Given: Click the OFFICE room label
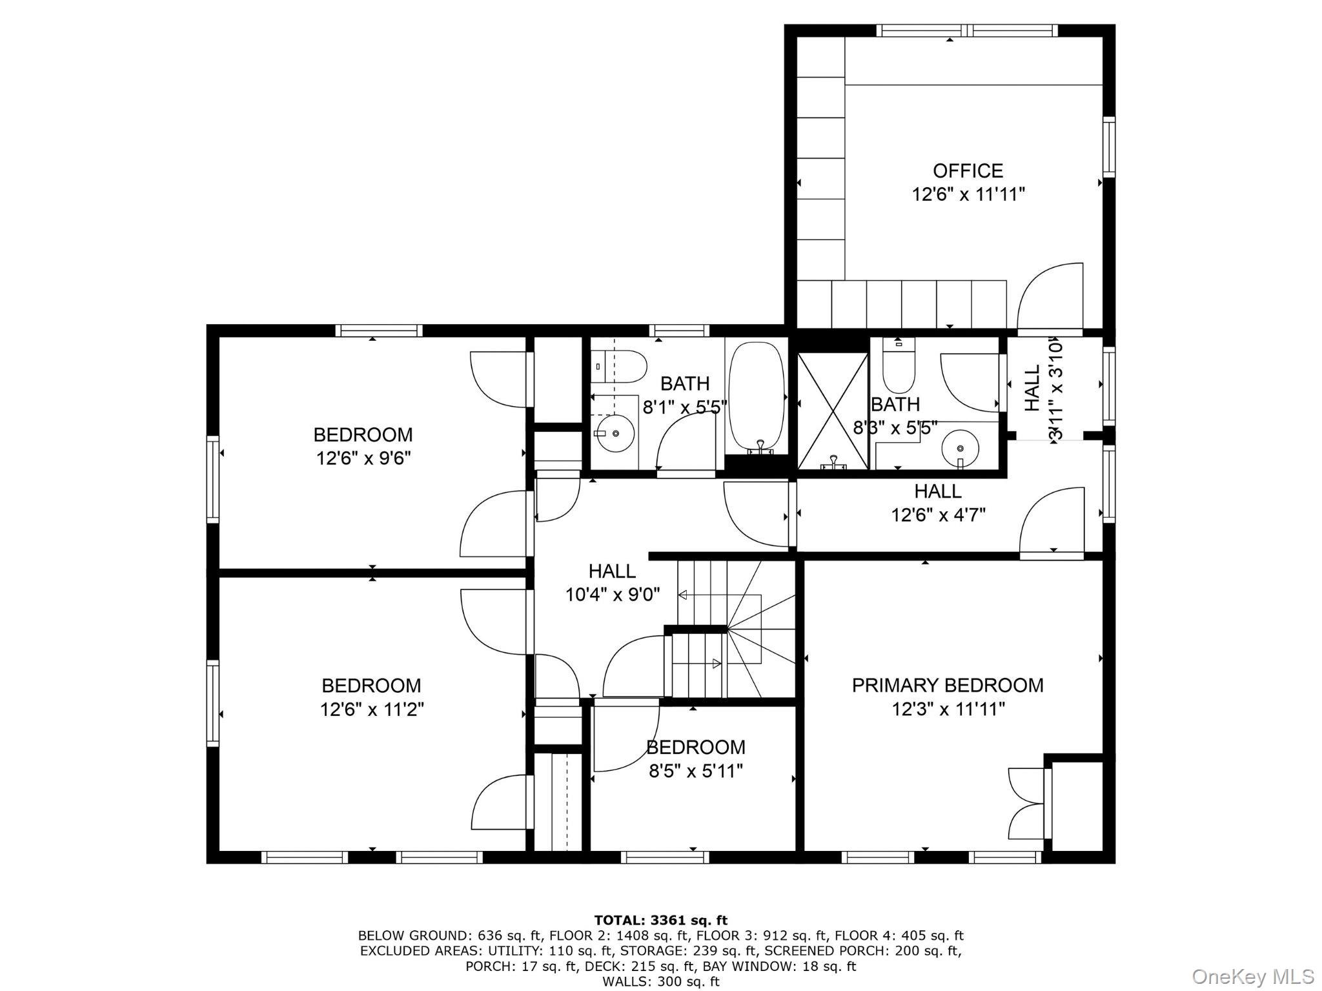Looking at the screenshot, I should tap(968, 171).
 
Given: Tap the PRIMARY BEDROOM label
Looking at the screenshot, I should tap(947, 685).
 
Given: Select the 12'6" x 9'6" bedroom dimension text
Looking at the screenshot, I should tap(363, 458).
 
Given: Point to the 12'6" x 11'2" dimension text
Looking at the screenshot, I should tap(372, 710).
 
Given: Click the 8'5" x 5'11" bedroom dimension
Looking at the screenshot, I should tap(695, 771).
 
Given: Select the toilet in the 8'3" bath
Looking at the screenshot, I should tap(898, 368).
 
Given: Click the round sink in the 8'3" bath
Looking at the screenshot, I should tap(960, 447).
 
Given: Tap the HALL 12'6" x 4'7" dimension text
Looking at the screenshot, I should tap(938, 515).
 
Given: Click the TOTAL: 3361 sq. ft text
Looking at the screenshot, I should tap(660, 920).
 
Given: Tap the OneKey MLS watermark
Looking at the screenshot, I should tap(1252, 976).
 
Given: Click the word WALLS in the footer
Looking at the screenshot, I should tap(624, 981).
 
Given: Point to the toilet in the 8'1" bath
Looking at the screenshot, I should tap(620, 367).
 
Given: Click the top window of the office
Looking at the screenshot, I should tap(966, 30).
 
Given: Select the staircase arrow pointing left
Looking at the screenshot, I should tap(683, 595).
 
